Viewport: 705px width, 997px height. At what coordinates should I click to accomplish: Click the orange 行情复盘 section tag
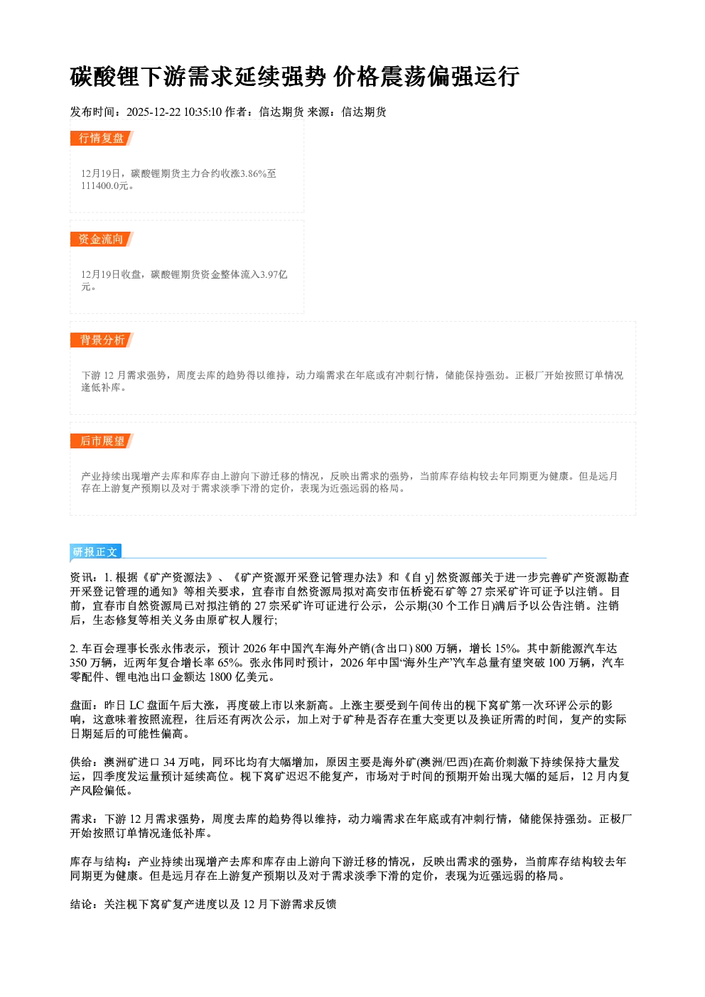click(102, 138)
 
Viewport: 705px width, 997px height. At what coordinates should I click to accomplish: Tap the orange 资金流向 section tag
click(102, 239)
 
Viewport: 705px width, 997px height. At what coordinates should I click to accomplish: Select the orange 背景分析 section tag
click(102, 340)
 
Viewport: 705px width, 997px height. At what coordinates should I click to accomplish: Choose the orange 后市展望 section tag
click(102, 441)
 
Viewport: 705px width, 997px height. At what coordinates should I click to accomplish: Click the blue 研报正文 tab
click(95, 552)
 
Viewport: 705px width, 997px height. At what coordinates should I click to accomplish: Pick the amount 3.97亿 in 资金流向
click(274, 274)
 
